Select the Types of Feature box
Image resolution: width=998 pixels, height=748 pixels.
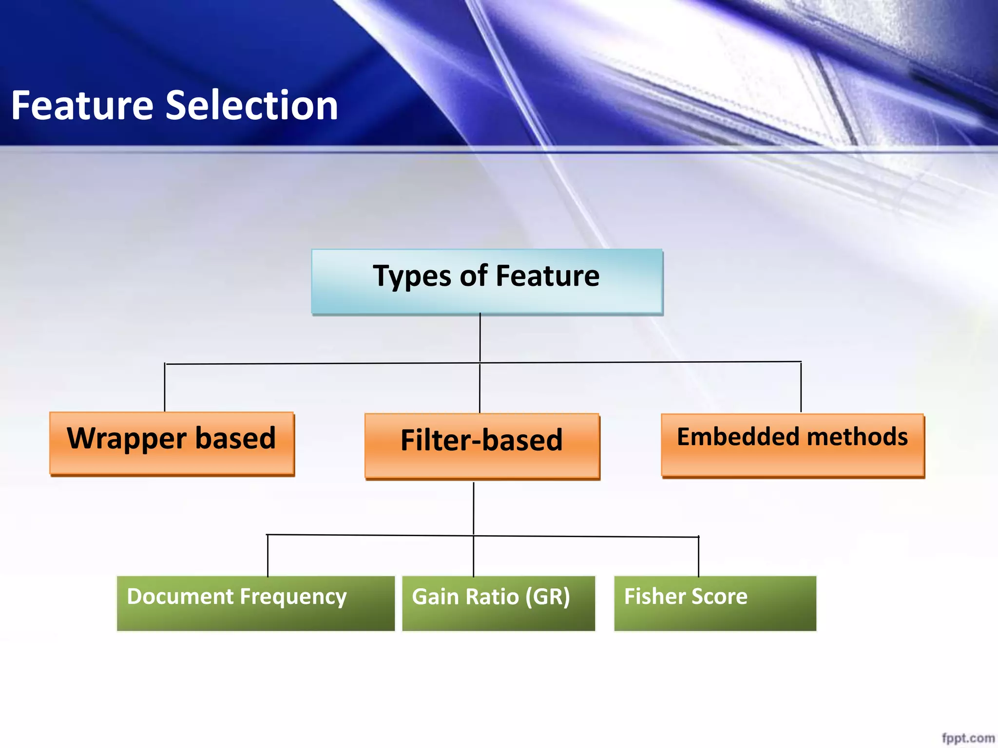pyautogui.click(x=486, y=281)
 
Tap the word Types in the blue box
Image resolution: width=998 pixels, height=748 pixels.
pyautogui.click(x=412, y=277)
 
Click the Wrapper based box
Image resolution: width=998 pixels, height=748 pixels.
pyautogui.click(x=172, y=443)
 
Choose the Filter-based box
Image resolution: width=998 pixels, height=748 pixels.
pyautogui.click(x=482, y=446)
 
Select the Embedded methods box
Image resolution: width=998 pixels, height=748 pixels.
pyautogui.click(x=792, y=445)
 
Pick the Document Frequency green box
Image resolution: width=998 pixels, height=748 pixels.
pyautogui.click(x=255, y=603)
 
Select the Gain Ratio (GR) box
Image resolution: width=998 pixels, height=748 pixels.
pyautogui.click(x=499, y=603)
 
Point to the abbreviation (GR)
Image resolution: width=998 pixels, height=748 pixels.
pyautogui.click(x=547, y=597)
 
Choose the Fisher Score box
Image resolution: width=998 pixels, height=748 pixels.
pyautogui.click(x=714, y=603)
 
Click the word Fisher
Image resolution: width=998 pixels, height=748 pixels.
pyautogui.click(x=651, y=597)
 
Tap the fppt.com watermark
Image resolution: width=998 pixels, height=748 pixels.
pyautogui.click(x=968, y=738)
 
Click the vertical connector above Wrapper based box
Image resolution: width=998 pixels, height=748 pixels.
pyautogui.click(x=165, y=388)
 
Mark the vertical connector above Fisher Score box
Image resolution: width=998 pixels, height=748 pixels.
pyautogui.click(x=698, y=556)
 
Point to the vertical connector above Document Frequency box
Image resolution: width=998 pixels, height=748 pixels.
pyautogui.click(x=268, y=555)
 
